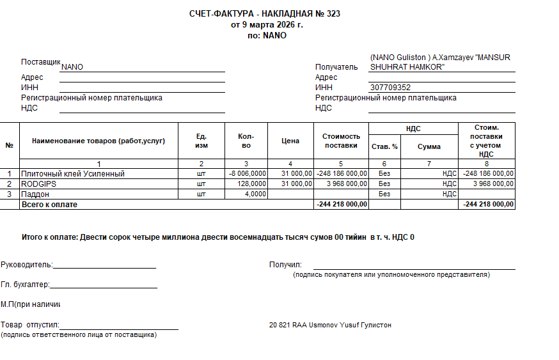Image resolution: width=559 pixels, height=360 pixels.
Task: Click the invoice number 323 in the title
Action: pyautogui.click(x=333, y=13)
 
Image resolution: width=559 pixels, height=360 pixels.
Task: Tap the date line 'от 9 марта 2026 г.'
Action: pyautogui.click(x=267, y=25)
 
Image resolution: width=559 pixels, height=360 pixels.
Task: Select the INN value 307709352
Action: pyautogui.click(x=390, y=88)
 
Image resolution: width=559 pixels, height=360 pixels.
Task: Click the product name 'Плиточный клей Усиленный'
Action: pyautogui.click(x=73, y=174)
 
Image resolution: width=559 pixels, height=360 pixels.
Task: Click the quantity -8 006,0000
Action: pyautogui.click(x=248, y=174)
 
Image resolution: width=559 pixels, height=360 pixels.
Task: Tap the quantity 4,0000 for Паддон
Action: pyautogui.click(x=256, y=194)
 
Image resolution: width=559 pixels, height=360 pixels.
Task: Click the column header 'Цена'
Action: pyautogui.click(x=290, y=141)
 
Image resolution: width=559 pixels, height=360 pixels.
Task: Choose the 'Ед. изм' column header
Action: pyautogui.click(x=201, y=141)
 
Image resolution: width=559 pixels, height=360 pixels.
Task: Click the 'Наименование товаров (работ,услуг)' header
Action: pyautogui.click(x=98, y=141)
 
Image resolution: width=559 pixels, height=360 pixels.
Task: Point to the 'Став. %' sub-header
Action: pyautogui.click(x=384, y=146)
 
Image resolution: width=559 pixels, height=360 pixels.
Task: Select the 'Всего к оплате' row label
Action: pyautogui.click(x=49, y=204)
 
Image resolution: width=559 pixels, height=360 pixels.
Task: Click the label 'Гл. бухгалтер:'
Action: pyautogui.click(x=25, y=285)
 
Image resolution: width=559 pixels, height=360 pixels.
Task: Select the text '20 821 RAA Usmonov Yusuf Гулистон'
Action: pyautogui.click(x=330, y=325)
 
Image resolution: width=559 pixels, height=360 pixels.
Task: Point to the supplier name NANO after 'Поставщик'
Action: pyautogui.click(x=72, y=67)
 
